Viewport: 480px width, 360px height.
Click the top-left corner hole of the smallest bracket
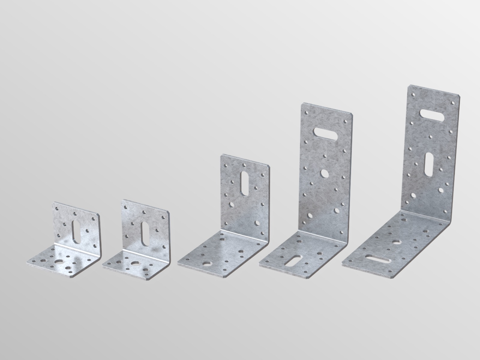click(x=57, y=207)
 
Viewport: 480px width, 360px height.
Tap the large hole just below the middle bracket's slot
click(x=232, y=205)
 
